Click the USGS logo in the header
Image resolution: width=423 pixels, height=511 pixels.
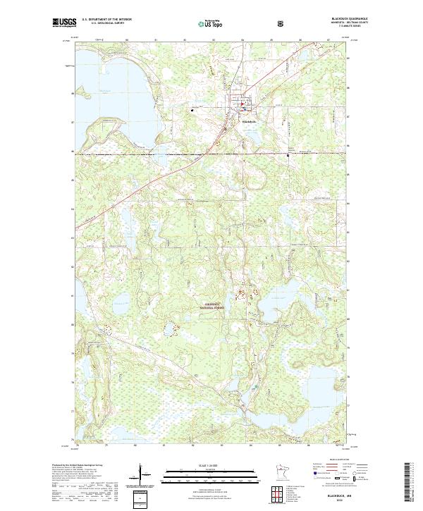pos(62,23)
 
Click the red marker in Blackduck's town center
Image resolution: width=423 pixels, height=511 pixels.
pos(243,108)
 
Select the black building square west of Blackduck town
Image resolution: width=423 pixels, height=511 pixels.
pos(191,110)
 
